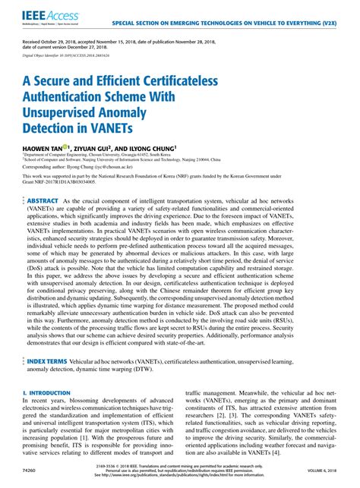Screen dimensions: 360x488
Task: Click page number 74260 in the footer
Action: click(x=31, y=471)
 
